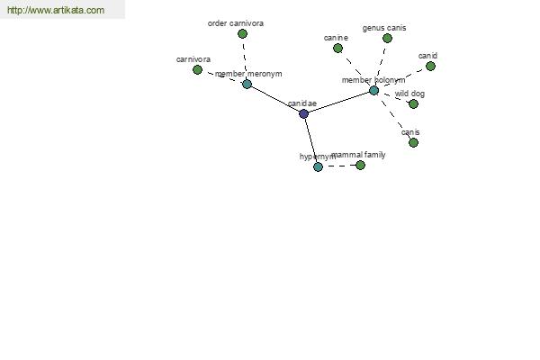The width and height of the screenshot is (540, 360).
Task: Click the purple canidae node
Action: [x=303, y=113]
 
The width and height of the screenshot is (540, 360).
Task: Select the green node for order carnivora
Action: [x=242, y=34]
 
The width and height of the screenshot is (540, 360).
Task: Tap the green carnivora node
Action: [x=197, y=70]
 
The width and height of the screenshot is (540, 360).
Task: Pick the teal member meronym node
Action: [x=247, y=84]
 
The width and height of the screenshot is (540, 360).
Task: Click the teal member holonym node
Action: [x=374, y=91]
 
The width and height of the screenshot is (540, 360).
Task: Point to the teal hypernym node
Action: [x=319, y=167]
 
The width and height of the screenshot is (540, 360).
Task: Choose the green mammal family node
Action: [x=360, y=166]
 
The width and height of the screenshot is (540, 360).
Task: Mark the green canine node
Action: [x=337, y=49]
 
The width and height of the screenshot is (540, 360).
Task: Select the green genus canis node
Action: [x=387, y=38]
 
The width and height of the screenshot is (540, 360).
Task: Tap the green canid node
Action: [x=430, y=66]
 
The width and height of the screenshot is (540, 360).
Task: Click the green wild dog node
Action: [x=413, y=104]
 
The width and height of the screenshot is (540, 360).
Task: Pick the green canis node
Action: [x=413, y=142]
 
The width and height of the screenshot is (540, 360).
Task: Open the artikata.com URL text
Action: [x=56, y=10]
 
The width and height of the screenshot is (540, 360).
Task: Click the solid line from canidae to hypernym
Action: [x=311, y=140]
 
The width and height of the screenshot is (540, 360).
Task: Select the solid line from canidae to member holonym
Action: [x=339, y=102]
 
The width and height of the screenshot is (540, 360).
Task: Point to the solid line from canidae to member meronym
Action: [x=275, y=99]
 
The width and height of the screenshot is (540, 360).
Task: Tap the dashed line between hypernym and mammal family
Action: [x=339, y=166]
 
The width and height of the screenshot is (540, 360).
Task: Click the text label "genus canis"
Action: [x=384, y=28]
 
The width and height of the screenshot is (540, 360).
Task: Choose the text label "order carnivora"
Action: [x=236, y=23]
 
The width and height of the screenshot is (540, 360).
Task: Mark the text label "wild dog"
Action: [x=409, y=94]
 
